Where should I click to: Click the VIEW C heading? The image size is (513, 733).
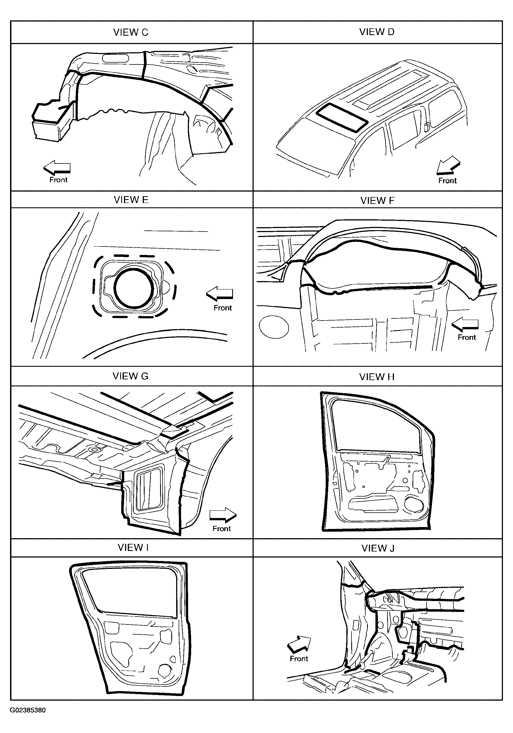(131, 32)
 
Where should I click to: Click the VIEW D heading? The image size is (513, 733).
(377, 32)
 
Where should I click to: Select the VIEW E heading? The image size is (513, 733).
(131, 200)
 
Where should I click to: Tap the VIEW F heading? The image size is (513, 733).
(377, 201)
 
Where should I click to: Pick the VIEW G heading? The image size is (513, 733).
(130, 376)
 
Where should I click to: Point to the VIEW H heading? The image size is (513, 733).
(377, 377)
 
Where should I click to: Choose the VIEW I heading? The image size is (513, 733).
(133, 547)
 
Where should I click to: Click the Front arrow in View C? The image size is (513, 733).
(57, 167)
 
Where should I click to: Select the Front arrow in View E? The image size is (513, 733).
(219, 293)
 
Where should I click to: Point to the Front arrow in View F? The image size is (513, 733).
(465, 324)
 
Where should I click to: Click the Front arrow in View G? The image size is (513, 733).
(223, 515)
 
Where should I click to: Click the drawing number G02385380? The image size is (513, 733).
(28, 710)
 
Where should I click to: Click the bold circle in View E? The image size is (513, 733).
(134, 288)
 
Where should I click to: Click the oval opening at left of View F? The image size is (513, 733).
(274, 327)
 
